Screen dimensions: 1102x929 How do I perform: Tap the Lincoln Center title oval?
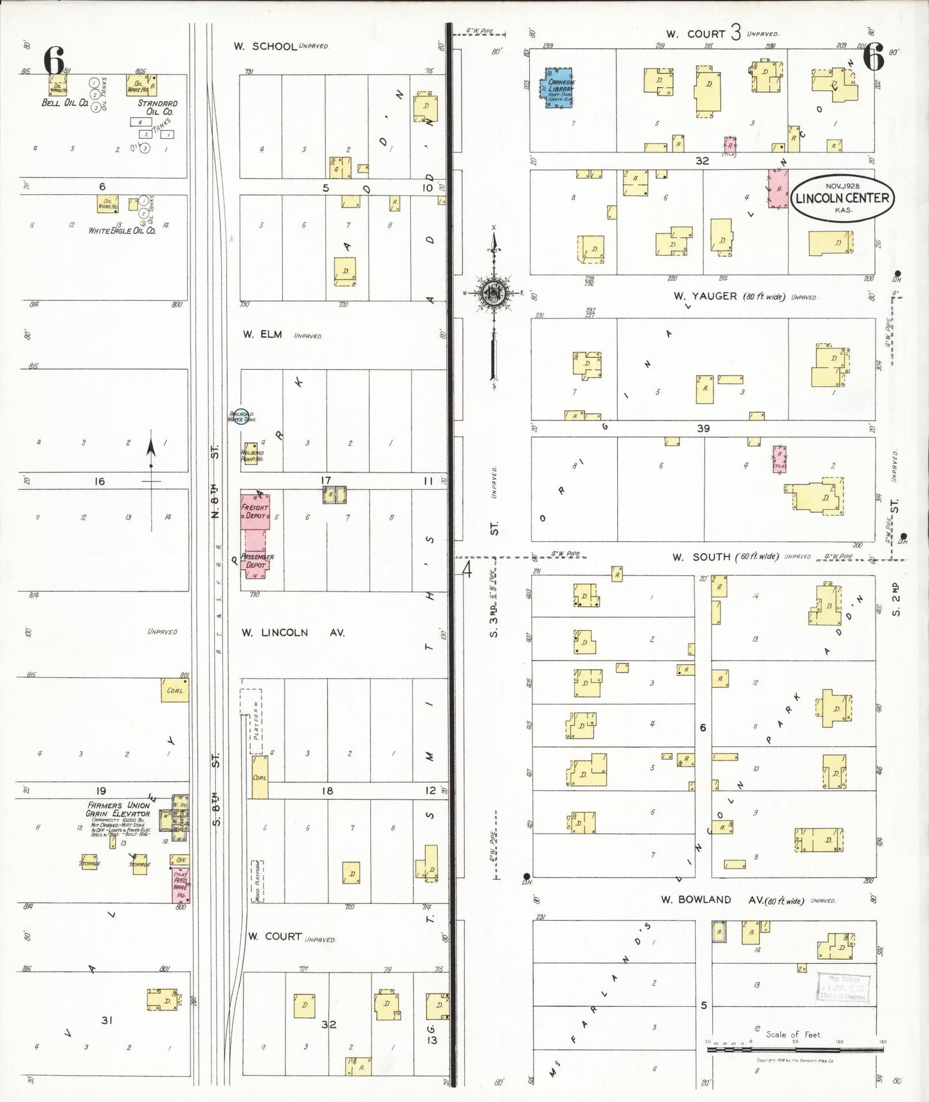pyautogui.click(x=842, y=198)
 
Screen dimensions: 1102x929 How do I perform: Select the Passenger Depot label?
pyautogui.click(x=257, y=561)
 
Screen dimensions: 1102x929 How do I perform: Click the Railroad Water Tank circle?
pyautogui.click(x=240, y=417)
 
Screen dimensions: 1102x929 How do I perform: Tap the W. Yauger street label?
pyautogui.click(x=705, y=296)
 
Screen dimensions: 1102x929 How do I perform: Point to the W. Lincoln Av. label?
pyautogui.click(x=293, y=633)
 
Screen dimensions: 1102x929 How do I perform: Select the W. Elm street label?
pyautogui.click(x=262, y=334)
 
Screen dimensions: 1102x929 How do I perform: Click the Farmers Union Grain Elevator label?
pyautogui.click(x=118, y=809)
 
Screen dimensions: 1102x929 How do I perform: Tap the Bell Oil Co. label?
pyautogui.click(x=64, y=103)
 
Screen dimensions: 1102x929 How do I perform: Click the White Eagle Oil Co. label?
pyautogui.click(x=122, y=230)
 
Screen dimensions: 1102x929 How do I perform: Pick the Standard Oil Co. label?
pyautogui.click(x=158, y=107)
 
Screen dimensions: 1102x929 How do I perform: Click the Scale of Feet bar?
pyautogui.click(x=795, y=1049)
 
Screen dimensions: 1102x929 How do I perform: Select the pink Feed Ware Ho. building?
pyautogui.click(x=180, y=885)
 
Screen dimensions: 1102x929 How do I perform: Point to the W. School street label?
pyautogui.click(x=265, y=46)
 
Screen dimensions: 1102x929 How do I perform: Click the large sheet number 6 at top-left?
pyautogui.click(x=54, y=61)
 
